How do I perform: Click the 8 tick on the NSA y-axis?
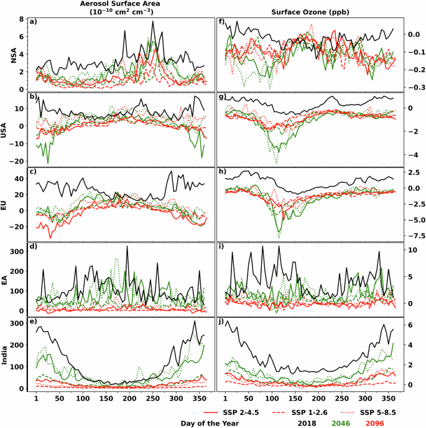point(20,19)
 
